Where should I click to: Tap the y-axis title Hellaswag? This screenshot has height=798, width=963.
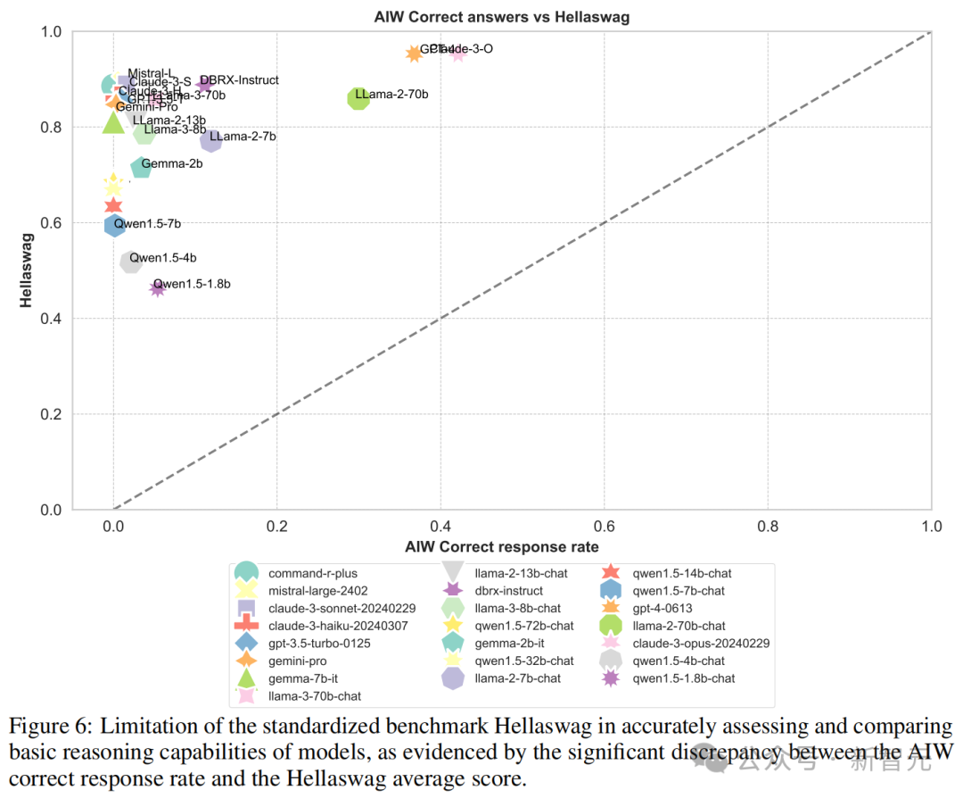pos(28,270)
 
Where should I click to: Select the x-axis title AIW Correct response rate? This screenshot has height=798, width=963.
pos(501,546)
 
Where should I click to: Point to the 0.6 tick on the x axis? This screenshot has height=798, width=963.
pos(604,527)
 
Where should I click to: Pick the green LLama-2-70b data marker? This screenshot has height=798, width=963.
pos(358,98)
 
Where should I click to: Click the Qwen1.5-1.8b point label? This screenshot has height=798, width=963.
pos(192,284)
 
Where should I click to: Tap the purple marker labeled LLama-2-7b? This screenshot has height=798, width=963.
pos(211,140)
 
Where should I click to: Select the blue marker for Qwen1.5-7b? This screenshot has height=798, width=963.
pos(114,225)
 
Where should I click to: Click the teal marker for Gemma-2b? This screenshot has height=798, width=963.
pos(141,168)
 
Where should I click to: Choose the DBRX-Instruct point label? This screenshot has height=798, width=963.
pos(239,80)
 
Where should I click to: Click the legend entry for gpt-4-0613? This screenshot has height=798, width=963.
pos(665,608)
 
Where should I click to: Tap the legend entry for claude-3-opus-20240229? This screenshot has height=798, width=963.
pos(700,643)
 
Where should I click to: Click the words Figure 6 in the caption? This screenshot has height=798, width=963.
pos(51,726)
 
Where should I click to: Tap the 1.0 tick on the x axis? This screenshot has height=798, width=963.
pos(931,527)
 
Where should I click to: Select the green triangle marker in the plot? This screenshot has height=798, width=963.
pos(113,122)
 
